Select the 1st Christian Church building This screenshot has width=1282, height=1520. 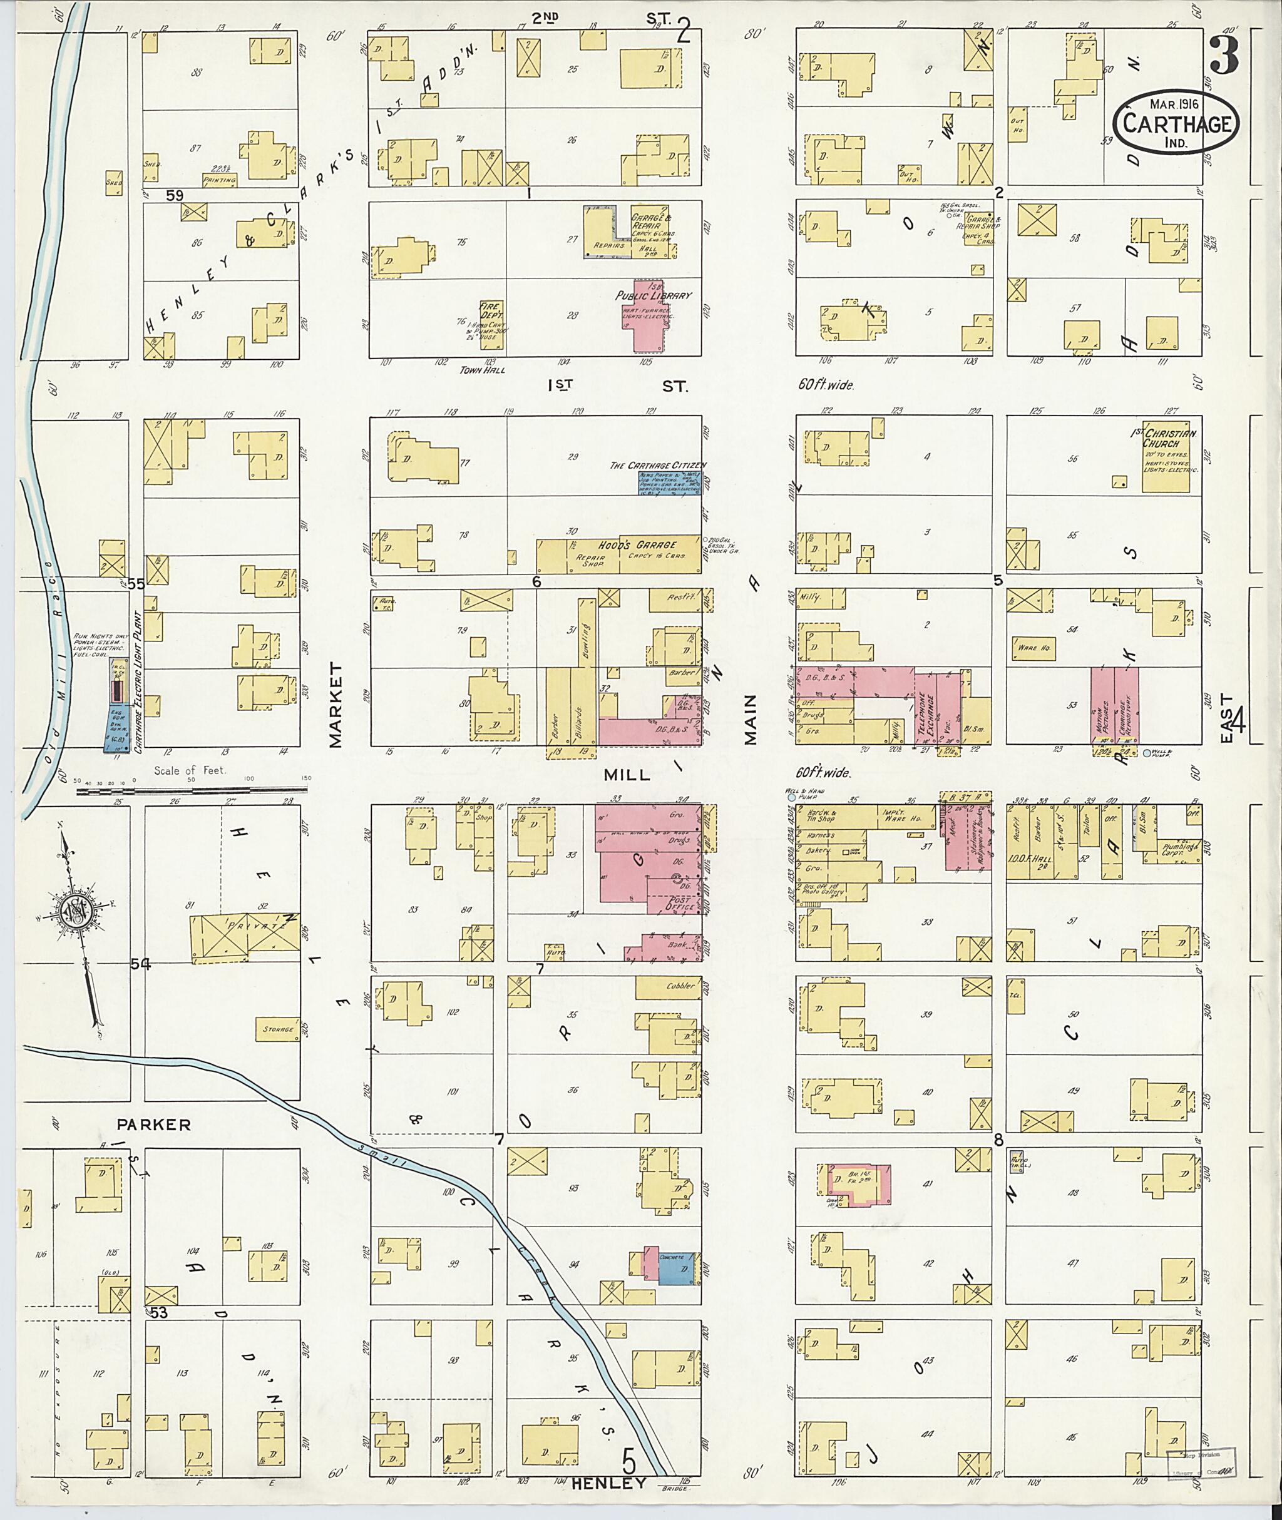point(1169,456)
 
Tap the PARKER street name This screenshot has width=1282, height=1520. point(154,1124)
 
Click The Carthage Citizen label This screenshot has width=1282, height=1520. point(657,464)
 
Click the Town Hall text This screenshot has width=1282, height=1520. point(477,370)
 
